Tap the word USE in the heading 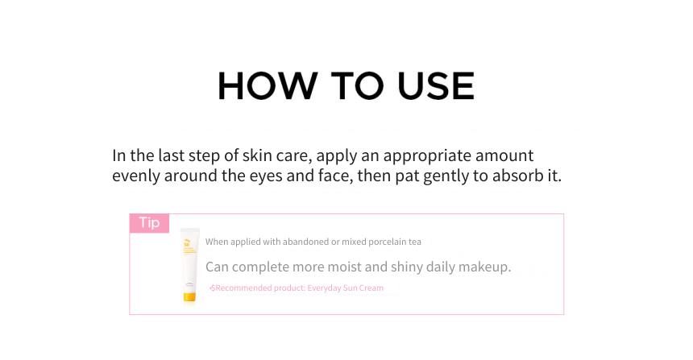click(436, 85)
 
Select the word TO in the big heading click(357, 85)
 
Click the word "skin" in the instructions click(257, 155)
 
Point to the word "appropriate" click(427, 156)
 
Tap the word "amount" click(504, 156)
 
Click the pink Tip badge click(149, 222)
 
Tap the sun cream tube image click(189, 265)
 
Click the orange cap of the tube click(189, 297)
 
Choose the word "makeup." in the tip click(484, 267)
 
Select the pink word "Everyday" click(325, 288)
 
